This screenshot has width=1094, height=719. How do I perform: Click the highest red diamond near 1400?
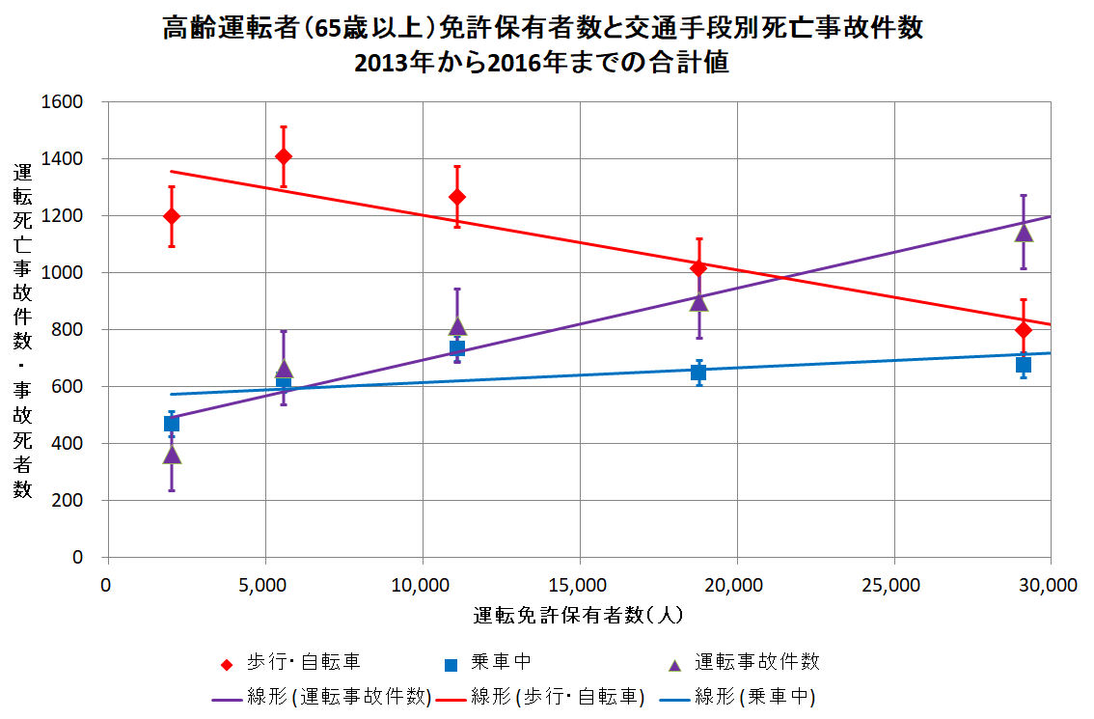[284, 156]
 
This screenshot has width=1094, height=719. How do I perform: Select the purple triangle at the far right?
[1024, 232]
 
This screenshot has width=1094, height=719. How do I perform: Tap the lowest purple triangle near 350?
[172, 455]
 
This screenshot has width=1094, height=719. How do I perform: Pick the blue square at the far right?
[1024, 364]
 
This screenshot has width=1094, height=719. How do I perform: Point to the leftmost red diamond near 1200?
[172, 215]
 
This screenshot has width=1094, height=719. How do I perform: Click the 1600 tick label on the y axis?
[64, 101]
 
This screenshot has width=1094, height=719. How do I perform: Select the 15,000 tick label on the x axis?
[579, 585]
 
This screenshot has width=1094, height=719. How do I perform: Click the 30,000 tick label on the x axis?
[1049, 585]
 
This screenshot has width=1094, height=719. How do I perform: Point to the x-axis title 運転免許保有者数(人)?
[579, 615]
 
